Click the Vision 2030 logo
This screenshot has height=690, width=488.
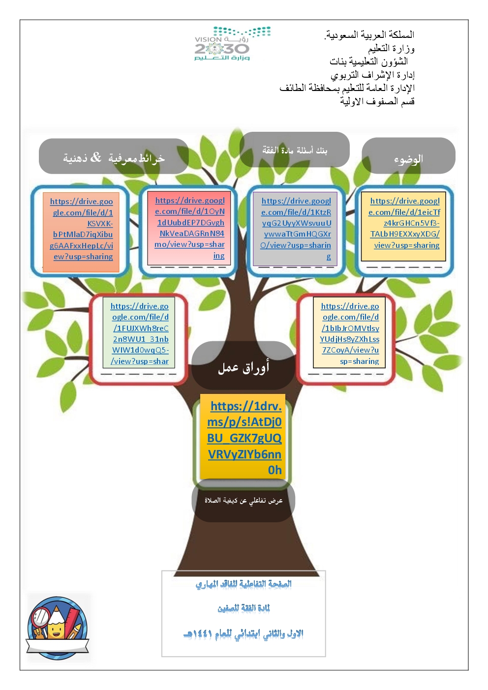(x=232, y=44)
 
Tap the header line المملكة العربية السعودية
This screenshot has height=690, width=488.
(x=369, y=35)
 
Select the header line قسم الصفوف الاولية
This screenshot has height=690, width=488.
(x=377, y=101)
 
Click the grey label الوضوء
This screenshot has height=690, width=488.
(x=408, y=158)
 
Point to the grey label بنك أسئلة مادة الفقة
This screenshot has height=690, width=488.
(x=295, y=150)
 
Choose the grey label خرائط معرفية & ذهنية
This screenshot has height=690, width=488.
(x=114, y=157)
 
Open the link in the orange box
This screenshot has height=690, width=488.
(x=82, y=229)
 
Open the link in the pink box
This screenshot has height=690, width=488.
(x=190, y=228)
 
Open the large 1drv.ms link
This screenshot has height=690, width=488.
(x=244, y=438)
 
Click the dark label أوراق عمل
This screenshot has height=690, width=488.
(x=244, y=367)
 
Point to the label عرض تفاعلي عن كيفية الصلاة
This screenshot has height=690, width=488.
(x=244, y=501)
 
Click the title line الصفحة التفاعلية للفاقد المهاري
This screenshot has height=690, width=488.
(x=244, y=584)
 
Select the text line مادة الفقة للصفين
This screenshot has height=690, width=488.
(x=244, y=608)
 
